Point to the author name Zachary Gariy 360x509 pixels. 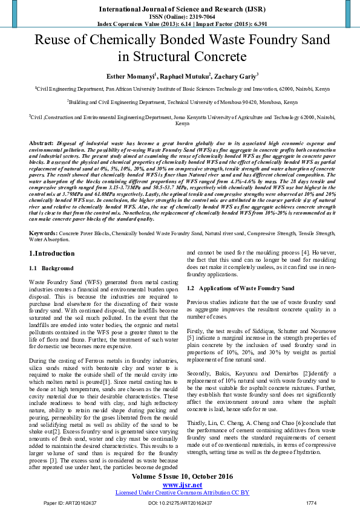237,76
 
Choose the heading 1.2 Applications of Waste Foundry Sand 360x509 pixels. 232,288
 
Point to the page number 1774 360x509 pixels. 312,503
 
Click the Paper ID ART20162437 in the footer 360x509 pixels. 71,503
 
